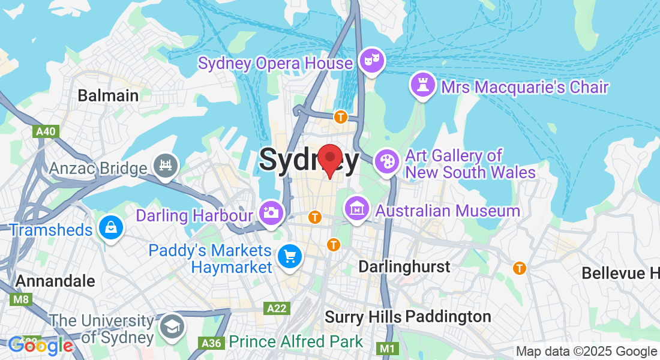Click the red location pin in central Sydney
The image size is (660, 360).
(329, 159)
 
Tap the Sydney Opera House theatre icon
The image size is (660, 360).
(372, 60)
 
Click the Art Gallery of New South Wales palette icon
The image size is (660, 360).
(386, 161)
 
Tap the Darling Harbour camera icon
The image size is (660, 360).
(271, 212)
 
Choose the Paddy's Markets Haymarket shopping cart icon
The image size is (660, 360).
(290, 257)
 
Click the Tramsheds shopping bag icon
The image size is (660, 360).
(112, 228)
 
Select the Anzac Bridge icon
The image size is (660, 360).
(164, 166)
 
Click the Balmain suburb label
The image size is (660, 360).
(108, 95)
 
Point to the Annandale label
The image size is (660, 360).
(55, 281)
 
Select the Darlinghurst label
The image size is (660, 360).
(404, 266)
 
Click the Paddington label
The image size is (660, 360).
(448, 316)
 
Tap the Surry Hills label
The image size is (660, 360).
(363, 316)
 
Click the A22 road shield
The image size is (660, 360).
(277, 308)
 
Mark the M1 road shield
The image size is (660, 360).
(387, 348)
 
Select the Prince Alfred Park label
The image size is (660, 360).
(296, 342)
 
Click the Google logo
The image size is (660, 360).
(40, 346)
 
